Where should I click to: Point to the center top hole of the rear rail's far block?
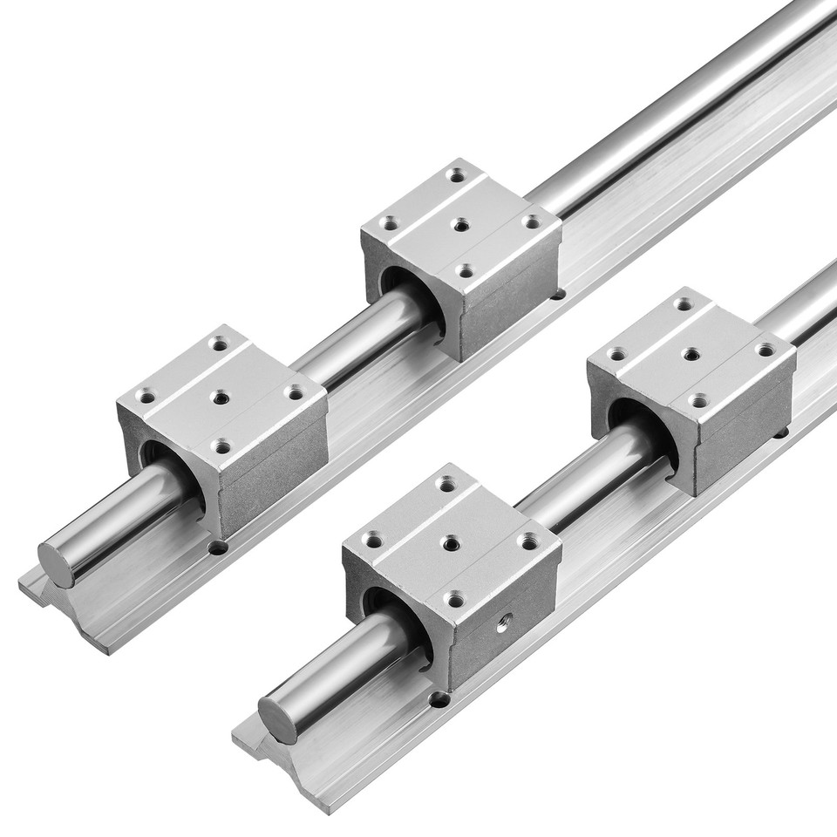tap(461, 225)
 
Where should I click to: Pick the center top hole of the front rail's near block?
tap(451, 544)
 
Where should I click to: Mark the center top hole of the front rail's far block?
tap(691, 354)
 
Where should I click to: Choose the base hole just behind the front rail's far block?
tap(781, 432)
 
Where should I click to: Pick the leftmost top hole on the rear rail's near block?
tap(146, 398)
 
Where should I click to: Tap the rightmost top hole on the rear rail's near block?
tap(296, 393)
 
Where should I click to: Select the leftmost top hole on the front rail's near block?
tap(373, 542)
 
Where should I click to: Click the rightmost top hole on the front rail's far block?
tap(766, 350)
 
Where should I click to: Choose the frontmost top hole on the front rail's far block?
tap(698, 400)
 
